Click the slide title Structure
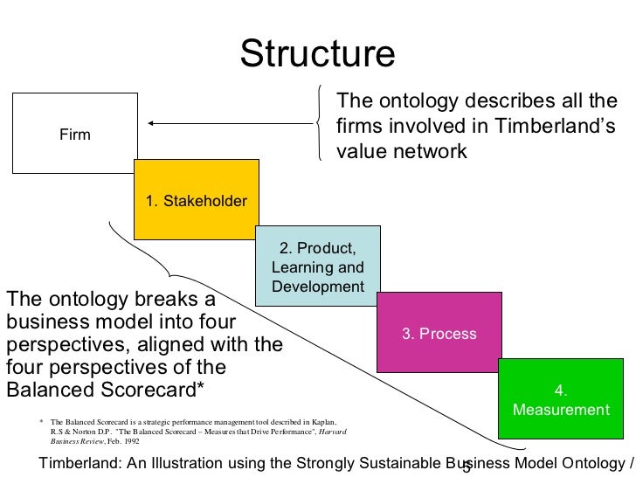318,55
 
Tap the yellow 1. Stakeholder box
196,201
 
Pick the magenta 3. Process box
439,333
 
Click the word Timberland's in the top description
554,127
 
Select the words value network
402,151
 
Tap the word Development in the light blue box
317,287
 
